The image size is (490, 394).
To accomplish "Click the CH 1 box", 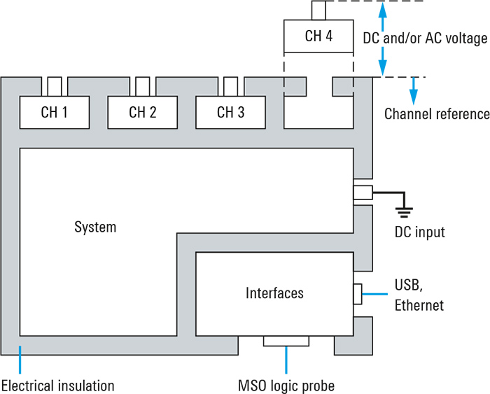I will point(55,112).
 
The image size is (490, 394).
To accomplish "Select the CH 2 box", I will point(143,112).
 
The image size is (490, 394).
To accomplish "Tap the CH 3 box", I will point(230,112).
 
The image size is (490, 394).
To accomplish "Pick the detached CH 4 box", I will point(318,36).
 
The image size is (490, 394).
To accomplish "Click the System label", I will point(95,227).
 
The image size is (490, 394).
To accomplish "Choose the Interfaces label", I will point(274,293).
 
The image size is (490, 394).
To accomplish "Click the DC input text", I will point(421,232).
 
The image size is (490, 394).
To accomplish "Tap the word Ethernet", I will point(419,305).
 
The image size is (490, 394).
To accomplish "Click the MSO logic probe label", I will point(286,385).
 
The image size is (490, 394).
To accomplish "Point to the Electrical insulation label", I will point(57,385).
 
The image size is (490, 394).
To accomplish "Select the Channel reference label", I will point(436,114).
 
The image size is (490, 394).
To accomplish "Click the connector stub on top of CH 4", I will point(318,10).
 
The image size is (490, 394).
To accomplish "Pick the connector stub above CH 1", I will point(55,86).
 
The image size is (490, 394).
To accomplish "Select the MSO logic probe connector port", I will point(286,341).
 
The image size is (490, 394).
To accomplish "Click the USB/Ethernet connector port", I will point(358,294).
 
